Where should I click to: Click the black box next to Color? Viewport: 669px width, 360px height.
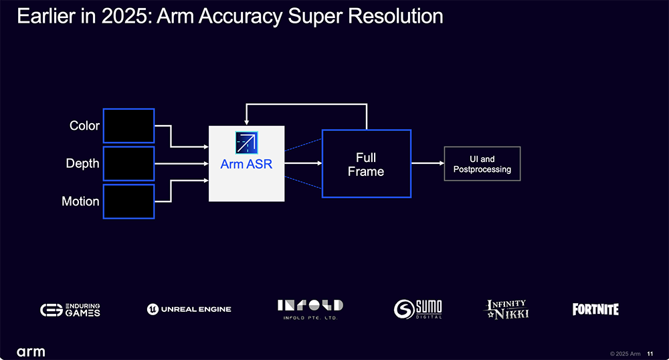point(129,126)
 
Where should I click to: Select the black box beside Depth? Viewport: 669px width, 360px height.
point(129,164)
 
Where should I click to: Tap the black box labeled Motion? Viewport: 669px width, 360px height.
point(129,202)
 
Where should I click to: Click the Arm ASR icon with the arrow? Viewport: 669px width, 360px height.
point(247,143)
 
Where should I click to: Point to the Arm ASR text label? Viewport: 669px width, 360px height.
point(246,164)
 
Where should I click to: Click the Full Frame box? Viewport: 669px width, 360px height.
point(367,164)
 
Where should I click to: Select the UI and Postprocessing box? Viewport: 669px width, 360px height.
point(482,164)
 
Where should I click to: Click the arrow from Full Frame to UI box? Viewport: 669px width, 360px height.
point(428,163)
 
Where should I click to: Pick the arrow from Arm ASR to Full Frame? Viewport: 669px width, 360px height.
point(303,163)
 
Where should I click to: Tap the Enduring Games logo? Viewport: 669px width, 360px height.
point(70,310)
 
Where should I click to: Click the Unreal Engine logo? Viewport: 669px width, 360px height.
point(189,309)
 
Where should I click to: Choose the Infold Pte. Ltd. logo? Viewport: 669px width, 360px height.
point(310,310)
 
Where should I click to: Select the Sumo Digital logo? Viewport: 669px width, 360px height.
point(417,309)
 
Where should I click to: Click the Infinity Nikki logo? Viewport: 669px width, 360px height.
point(506,309)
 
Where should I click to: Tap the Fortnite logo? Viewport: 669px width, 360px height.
point(595,309)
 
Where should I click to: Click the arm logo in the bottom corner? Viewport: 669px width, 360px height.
point(31,352)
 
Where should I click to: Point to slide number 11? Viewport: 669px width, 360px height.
point(650,353)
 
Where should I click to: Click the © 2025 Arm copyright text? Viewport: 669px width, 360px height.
point(625,353)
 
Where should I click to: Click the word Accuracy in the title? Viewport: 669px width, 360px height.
point(240,17)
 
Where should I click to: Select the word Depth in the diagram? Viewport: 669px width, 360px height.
point(82,164)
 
